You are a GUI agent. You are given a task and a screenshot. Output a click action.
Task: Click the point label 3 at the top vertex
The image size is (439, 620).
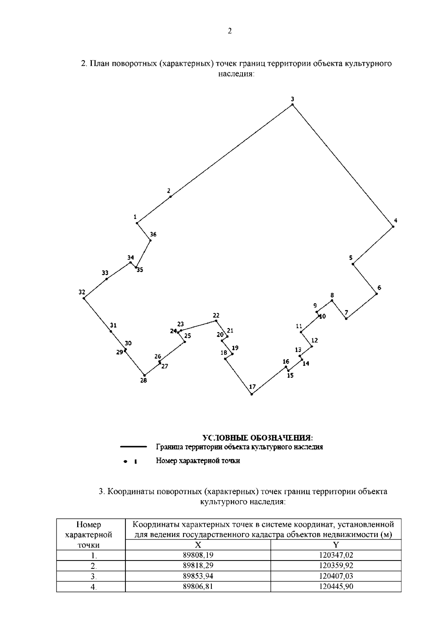coord(292,99)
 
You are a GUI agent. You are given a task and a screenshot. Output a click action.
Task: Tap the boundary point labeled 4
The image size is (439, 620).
coord(395,221)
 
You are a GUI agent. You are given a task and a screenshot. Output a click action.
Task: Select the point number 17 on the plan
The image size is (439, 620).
coord(252,387)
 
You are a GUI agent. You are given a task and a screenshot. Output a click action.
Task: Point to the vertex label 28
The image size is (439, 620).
coord(143,381)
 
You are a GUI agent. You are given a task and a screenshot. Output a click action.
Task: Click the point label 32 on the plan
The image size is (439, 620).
coord(82,292)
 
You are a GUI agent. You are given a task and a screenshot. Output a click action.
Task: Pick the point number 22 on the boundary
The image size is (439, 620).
coord(216,316)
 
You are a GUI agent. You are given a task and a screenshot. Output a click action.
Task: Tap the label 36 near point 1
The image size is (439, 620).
coord(153,234)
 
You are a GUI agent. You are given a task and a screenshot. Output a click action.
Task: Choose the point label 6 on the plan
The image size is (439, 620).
coord(379,288)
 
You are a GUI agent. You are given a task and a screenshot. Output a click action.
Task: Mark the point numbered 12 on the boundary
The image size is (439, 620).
coord(314,341)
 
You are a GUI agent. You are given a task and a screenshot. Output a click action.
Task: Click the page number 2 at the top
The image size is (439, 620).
coord(230,31)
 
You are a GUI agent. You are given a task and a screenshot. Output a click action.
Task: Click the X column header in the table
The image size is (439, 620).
coord(198,545)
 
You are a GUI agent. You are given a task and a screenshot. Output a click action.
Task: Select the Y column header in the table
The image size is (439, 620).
coord(336,545)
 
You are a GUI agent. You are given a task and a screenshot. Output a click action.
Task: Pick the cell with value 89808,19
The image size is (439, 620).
coord(198,556)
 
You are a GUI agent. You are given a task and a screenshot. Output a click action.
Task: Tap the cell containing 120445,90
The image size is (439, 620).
coord(336,587)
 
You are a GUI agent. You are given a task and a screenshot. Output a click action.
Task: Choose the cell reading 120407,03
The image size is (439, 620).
coord(336,577)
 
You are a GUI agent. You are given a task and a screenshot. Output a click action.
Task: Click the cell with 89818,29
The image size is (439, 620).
coord(198,566)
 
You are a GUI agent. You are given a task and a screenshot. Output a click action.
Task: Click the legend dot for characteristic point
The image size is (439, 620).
coord(125,461)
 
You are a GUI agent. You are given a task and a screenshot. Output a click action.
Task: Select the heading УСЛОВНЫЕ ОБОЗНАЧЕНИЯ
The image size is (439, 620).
coord(258,438)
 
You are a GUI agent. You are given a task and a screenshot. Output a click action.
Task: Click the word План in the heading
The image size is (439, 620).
coord(100,64)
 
